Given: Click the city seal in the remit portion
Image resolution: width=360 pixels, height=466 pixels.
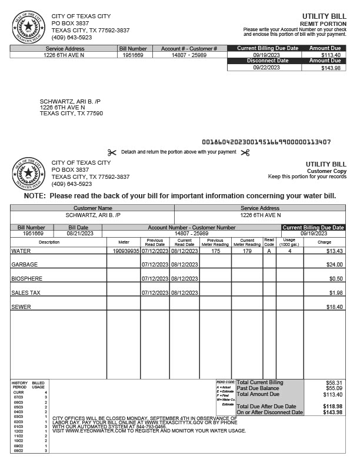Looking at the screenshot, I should tap(27, 26).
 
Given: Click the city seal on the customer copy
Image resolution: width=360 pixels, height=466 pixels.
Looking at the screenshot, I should tap(27, 173).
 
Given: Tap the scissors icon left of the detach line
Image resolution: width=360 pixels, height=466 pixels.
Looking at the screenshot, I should tap(112, 152).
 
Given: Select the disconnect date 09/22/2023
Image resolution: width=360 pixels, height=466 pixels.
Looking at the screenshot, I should tap(266, 68).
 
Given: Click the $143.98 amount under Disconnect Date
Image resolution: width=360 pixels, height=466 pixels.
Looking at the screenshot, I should tap(330, 68).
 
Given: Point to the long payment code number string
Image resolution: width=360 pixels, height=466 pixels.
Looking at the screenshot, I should tap(266, 142).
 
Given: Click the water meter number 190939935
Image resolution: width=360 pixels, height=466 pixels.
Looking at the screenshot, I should tap(126, 251).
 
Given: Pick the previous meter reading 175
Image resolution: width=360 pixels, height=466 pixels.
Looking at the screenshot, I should tap(215, 251).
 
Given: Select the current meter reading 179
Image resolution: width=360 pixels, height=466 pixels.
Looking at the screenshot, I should tap(247, 251).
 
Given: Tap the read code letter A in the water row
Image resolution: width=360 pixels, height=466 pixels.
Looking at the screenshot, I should tap(269, 251).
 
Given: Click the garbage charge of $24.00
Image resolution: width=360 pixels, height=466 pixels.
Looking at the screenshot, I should tap(335, 265).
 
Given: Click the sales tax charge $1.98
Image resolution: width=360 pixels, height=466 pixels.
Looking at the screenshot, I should tap(336, 293).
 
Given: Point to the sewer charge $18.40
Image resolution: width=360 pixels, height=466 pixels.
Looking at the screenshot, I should tap(335, 307).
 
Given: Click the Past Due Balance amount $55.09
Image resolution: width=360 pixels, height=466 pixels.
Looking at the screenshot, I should tap(334, 388).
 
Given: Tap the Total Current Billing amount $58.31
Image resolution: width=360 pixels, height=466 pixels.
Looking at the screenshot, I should tap(334, 382).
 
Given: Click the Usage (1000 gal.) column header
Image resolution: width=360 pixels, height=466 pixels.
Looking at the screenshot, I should tap(289, 242).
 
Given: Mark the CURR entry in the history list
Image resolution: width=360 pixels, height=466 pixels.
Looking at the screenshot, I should tap(18, 392).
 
